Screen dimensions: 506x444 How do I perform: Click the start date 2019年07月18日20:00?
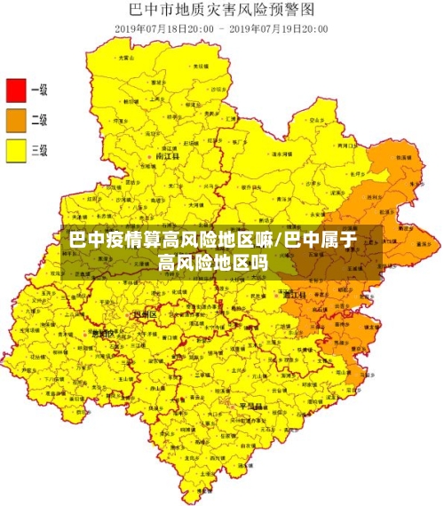(x=163, y=28)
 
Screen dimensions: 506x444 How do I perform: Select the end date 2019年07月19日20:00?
(x=279, y=28)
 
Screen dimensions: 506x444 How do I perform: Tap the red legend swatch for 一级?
(x=16, y=90)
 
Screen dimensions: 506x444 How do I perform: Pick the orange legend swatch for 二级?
(x=16, y=120)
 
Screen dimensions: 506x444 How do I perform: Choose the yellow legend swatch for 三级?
(x=16, y=151)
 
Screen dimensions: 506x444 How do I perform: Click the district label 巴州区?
(x=144, y=314)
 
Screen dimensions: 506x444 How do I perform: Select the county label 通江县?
(x=293, y=293)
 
